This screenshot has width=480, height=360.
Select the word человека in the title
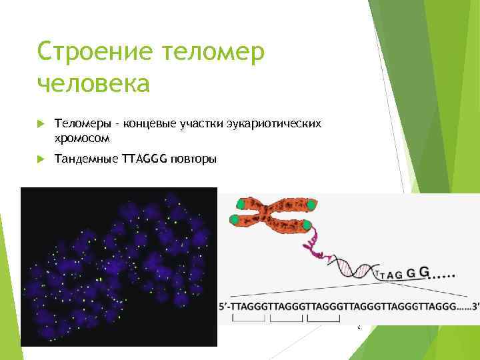pyautogui.click(x=93, y=85)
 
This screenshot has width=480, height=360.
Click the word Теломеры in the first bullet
pyautogui.click(x=81, y=123)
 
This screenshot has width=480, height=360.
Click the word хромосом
pyautogui.click(x=82, y=137)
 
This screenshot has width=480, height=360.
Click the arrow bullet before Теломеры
pyautogui.click(x=42, y=124)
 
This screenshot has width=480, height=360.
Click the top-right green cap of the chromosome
pyautogui.click(x=311, y=204)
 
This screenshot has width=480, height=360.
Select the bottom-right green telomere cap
pyautogui.click(x=307, y=226)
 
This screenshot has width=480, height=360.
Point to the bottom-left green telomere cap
pyautogui.click(x=233, y=219)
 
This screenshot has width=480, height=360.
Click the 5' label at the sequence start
pyautogui.click(x=224, y=307)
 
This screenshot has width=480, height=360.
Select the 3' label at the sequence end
pyautogui.click(x=474, y=307)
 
